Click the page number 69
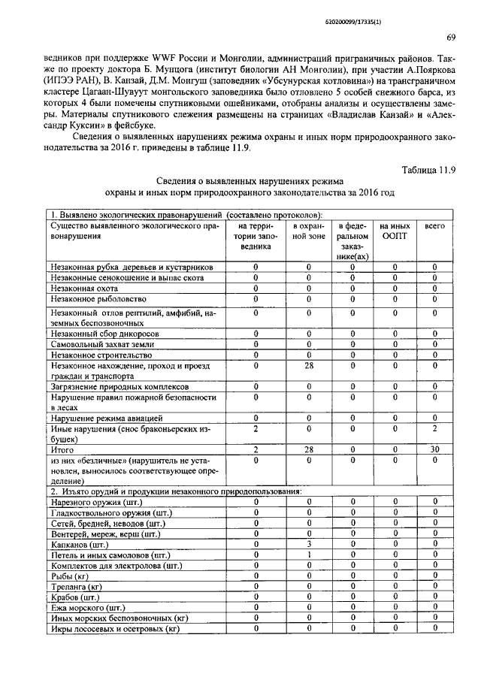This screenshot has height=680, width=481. (450, 38)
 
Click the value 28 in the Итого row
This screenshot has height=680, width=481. (308, 449)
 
